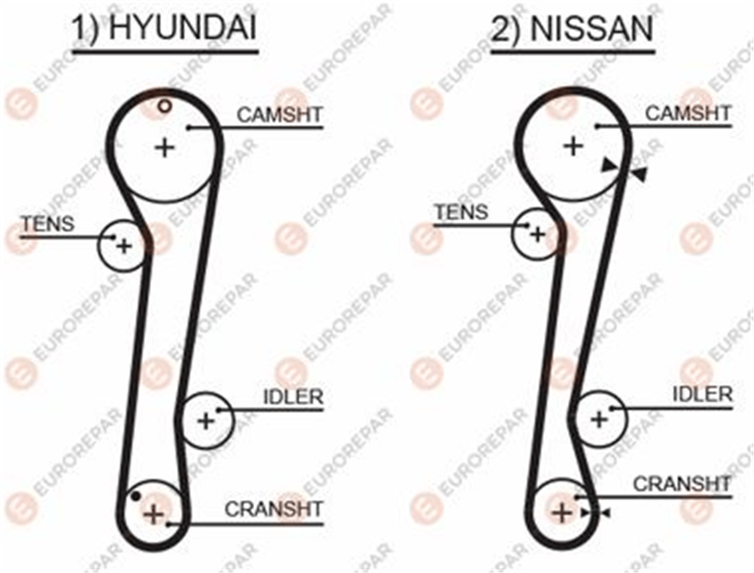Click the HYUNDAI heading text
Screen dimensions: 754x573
pyautogui.click(x=183, y=27)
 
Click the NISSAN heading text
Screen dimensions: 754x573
pyautogui.click(x=591, y=28)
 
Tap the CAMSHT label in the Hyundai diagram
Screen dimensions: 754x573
pyautogui.click(x=280, y=115)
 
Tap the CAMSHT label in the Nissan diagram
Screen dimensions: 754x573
pyautogui.click(x=688, y=114)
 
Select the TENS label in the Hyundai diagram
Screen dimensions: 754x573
pyautogui.click(x=48, y=224)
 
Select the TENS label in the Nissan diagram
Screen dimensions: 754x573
pyautogui.click(x=462, y=212)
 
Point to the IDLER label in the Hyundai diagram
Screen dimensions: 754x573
pyautogui.click(x=293, y=397)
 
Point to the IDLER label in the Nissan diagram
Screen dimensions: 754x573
pyautogui.click(x=702, y=395)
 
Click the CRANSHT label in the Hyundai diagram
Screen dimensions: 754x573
pyautogui.click(x=274, y=509)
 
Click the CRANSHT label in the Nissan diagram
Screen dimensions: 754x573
pyautogui.click(x=682, y=484)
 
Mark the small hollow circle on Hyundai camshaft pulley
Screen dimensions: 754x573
pyautogui.click(x=165, y=106)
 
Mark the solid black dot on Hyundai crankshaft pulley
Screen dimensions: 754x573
pyautogui.click(x=136, y=496)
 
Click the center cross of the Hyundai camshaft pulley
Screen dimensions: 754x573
pyautogui.click(x=165, y=148)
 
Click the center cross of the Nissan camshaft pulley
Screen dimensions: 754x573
pyautogui.click(x=574, y=146)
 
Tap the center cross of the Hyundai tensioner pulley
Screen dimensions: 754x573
pyautogui.click(x=124, y=246)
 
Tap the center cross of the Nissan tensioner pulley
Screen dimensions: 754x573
pyautogui.click(x=538, y=235)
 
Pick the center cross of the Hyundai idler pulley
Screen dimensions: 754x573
pyautogui.click(x=206, y=421)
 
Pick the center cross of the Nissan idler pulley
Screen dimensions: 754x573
pyautogui.click(x=599, y=420)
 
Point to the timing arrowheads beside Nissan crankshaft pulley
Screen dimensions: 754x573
pyautogui.click(x=594, y=513)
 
